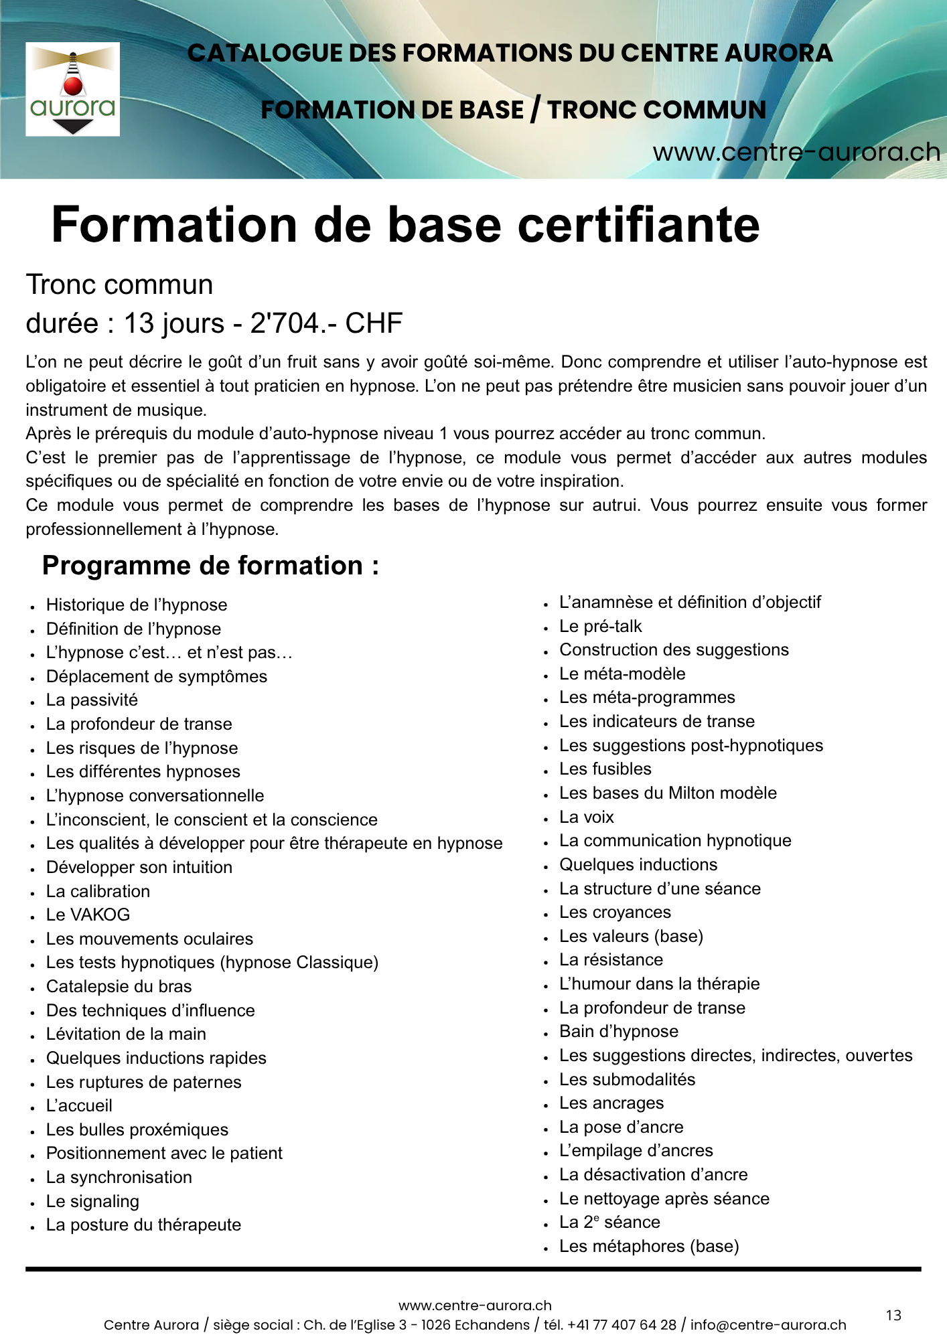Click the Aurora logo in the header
pos(72,89)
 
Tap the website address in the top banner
pos(796,153)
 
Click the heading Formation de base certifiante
pos(405,225)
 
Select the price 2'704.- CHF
pos(326,323)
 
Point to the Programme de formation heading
pos(210,566)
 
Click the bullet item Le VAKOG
pos(88,915)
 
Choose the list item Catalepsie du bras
pos(119,986)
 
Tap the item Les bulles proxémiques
pos(137,1129)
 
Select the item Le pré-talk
pos(600,626)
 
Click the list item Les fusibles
pos(605,769)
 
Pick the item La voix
pos(586,817)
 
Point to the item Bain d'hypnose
pos(618,1031)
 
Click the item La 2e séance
pos(609,1222)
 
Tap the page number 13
pos(893,1316)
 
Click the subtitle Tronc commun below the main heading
pos(119,285)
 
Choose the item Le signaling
pos(92,1201)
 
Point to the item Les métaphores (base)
pos(648,1246)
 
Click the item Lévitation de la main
pos(126,1034)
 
